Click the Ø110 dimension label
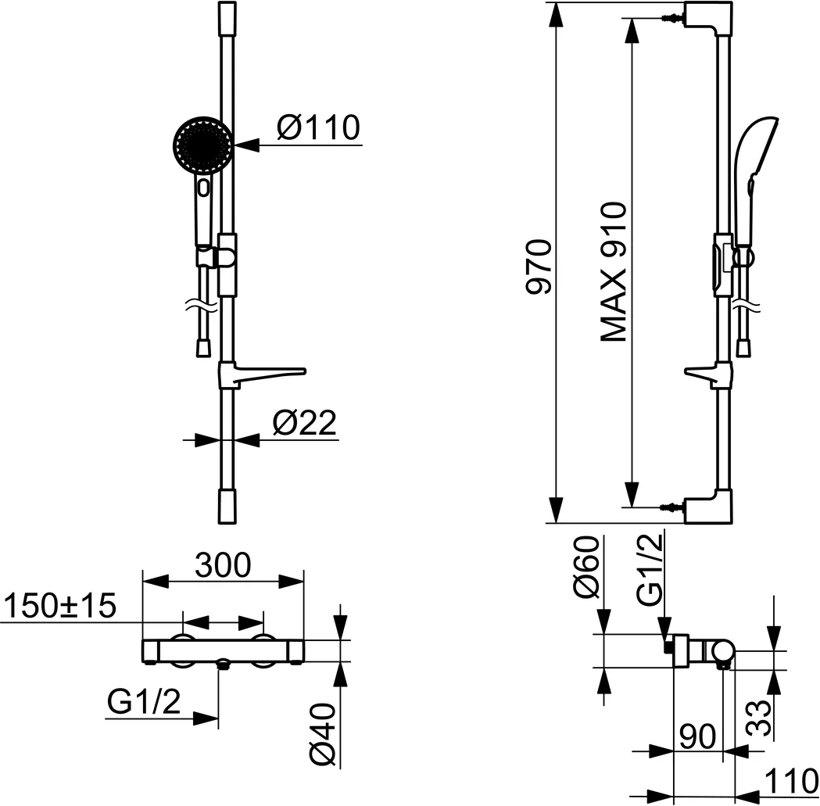[x=317, y=127]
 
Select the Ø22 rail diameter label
[x=304, y=423]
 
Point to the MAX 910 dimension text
[x=614, y=272]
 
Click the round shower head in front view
[x=202, y=144]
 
